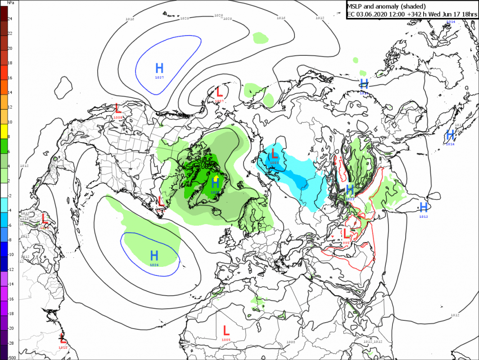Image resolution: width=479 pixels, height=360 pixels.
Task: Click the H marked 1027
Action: point(159,68)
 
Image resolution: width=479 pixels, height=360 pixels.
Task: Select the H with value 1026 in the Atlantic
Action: point(154,256)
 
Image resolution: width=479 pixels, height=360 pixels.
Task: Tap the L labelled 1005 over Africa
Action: point(226,331)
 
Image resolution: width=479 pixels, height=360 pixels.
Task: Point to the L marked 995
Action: point(346,234)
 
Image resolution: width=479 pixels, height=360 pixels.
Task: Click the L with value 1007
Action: point(219,92)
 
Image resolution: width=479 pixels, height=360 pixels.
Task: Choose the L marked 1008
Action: point(118,108)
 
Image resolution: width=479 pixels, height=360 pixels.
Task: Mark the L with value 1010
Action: point(63,338)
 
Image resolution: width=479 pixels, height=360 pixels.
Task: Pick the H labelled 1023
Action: point(350,189)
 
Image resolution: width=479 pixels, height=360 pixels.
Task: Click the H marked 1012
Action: point(423,207)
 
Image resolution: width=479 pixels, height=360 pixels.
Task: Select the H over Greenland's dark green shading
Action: point(215,183)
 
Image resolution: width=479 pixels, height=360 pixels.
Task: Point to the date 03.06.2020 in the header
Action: point(373,15)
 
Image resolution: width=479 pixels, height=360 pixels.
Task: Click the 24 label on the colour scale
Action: point(9,19)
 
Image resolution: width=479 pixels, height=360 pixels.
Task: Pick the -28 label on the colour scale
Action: point(10,343)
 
